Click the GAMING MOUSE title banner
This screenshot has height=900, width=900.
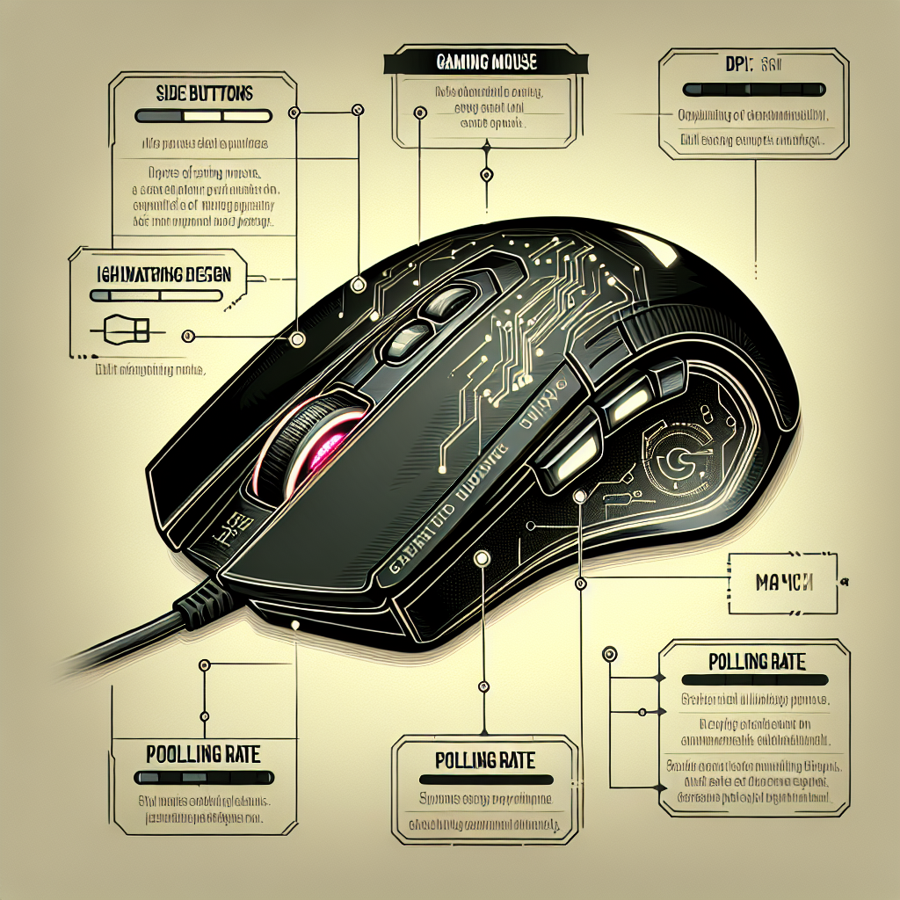pyautogui.click(x=486, y=63)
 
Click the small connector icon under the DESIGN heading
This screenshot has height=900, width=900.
pyautogui.click(x=124, y=330)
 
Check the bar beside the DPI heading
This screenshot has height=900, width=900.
pyautogui.click(x=753, y=90)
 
